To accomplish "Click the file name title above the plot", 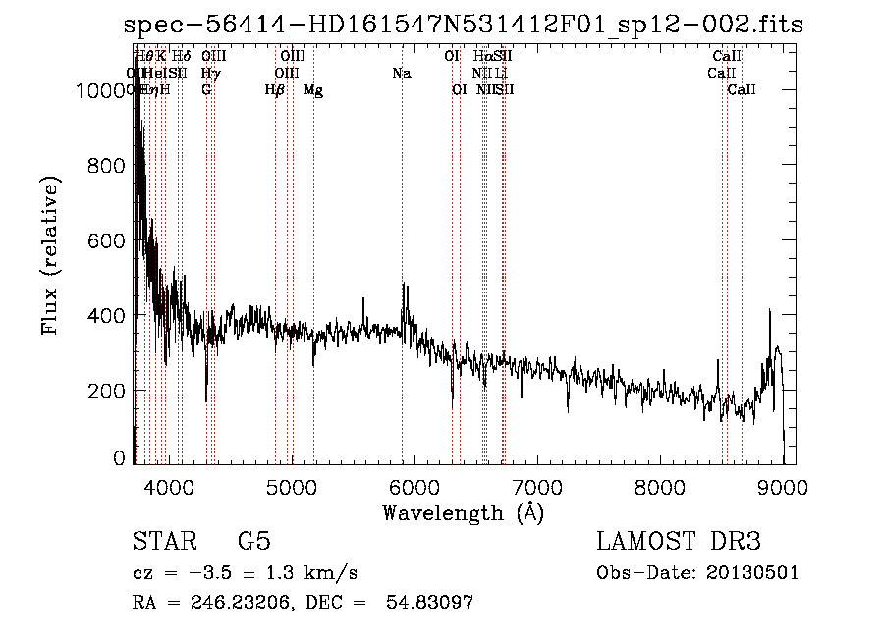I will coord(464,26).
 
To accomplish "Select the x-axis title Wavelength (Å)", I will coord(463,512).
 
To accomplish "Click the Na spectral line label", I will coord(401,73).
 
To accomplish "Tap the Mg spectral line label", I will coord(313,90).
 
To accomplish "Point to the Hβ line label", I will coord(275,90).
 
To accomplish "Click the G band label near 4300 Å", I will coord(206,90).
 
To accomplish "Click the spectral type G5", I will coord(253,542).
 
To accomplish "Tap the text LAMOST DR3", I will coord(678,542).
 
